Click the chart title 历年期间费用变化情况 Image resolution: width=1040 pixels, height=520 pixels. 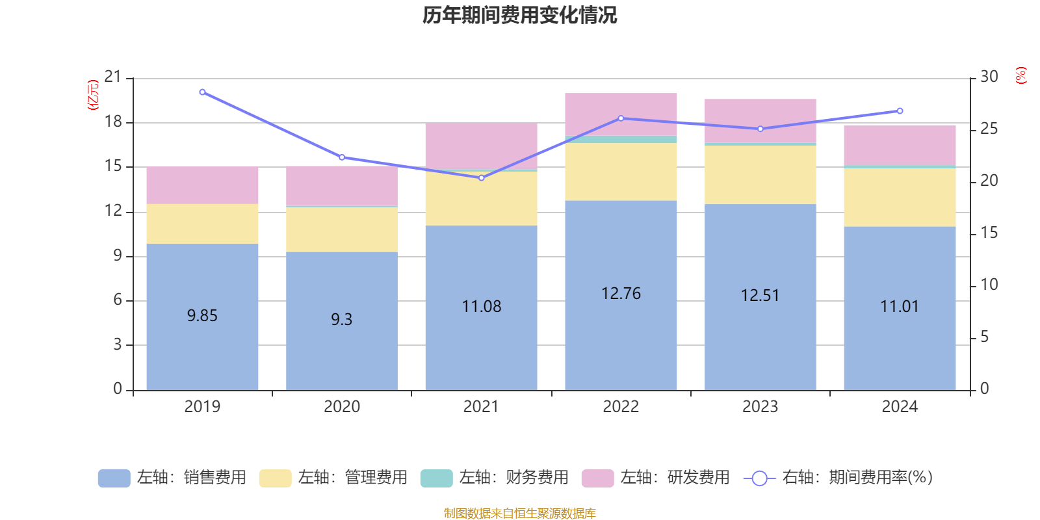point(519,15)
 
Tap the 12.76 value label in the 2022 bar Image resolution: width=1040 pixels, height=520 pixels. point(621,294)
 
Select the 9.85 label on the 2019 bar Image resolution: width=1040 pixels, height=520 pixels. point(202,316)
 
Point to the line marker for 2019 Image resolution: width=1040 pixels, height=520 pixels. point(202,92)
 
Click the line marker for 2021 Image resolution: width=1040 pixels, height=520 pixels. point(482,177)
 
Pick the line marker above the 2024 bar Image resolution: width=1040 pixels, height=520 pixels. point(900,111)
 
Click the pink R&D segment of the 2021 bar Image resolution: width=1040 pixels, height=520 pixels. point(481,146)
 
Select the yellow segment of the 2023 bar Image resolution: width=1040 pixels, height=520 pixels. point(760,174)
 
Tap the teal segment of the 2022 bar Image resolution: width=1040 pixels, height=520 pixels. point(621,139)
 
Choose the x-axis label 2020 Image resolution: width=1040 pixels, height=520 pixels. point(342,407)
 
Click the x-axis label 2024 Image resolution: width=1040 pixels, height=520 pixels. point(900,407)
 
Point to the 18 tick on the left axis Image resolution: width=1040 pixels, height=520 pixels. point(113,122)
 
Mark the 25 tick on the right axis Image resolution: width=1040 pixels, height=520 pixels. point(989,129)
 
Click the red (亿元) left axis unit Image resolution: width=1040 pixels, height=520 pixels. point(93,95)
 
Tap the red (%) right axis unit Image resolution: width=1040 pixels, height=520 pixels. point(1020,75)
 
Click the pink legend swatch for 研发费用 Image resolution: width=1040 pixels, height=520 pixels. point(597,478)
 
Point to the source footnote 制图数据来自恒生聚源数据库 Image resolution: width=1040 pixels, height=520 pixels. point(519,513)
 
